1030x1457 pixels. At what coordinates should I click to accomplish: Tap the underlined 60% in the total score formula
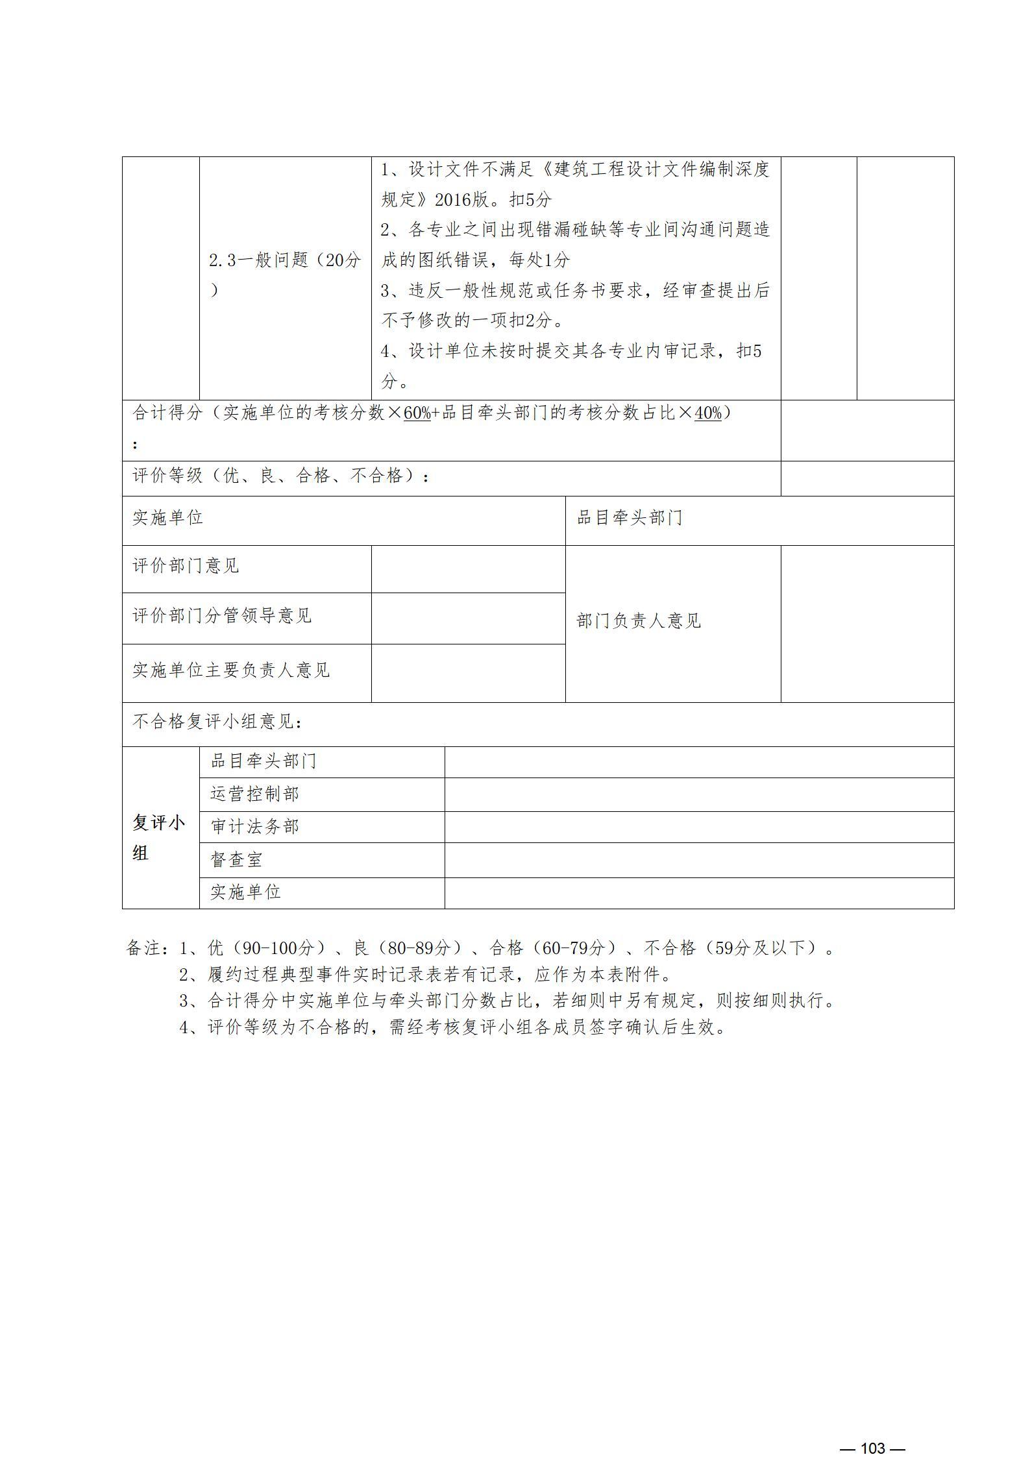[417, 413]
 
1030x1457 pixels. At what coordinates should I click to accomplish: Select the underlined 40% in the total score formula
[707, 413]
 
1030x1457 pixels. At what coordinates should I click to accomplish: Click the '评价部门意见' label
[186, 566]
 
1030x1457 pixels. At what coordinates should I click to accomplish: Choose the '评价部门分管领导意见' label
[222, 616]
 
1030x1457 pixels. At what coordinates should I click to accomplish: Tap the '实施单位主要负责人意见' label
[231, 670]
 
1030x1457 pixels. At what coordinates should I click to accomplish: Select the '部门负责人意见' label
[639, 621]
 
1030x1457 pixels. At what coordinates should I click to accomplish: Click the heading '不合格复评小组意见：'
[217, 722]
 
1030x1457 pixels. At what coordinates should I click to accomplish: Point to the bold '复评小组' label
[159, 838]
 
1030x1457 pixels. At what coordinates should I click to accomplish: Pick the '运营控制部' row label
[254, 794]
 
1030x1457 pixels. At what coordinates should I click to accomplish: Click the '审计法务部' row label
[254, 827]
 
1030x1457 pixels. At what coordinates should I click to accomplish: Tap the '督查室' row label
[236, 861]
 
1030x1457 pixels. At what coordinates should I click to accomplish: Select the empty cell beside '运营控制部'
[698, 794]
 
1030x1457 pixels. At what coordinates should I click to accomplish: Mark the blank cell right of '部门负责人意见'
[866, 624]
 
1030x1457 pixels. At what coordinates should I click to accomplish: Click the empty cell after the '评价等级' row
[866, 479]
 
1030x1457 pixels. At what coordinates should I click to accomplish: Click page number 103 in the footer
[872, 1430]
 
